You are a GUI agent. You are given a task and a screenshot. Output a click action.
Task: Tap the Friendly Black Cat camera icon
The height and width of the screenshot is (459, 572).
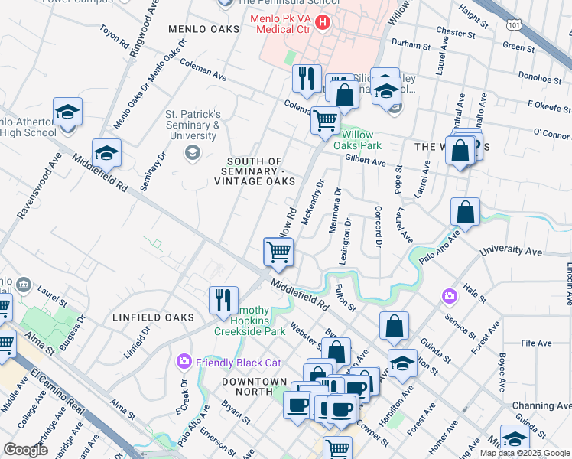(x=184, y=361)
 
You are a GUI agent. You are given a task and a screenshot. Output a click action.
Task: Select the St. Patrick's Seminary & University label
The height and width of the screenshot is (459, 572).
(x=193, y=125)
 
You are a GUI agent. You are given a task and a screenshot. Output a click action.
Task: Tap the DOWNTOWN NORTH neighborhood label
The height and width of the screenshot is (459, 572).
(x=255, y=381)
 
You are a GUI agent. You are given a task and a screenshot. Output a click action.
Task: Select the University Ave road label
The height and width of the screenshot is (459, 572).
(x=510, y=251)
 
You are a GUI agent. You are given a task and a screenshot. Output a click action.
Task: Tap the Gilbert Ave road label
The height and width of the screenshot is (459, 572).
(x=366, y=162)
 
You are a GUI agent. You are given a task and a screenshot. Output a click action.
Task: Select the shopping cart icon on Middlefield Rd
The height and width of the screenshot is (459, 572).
(x=278, y=252)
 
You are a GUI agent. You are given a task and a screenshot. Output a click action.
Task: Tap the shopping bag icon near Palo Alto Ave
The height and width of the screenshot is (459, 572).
(x=465, y=212)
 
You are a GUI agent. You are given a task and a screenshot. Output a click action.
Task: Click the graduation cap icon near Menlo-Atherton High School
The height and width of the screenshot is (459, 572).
(x=67, y=112)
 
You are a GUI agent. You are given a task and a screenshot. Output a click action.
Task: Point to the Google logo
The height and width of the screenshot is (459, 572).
(x=26, y=450)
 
